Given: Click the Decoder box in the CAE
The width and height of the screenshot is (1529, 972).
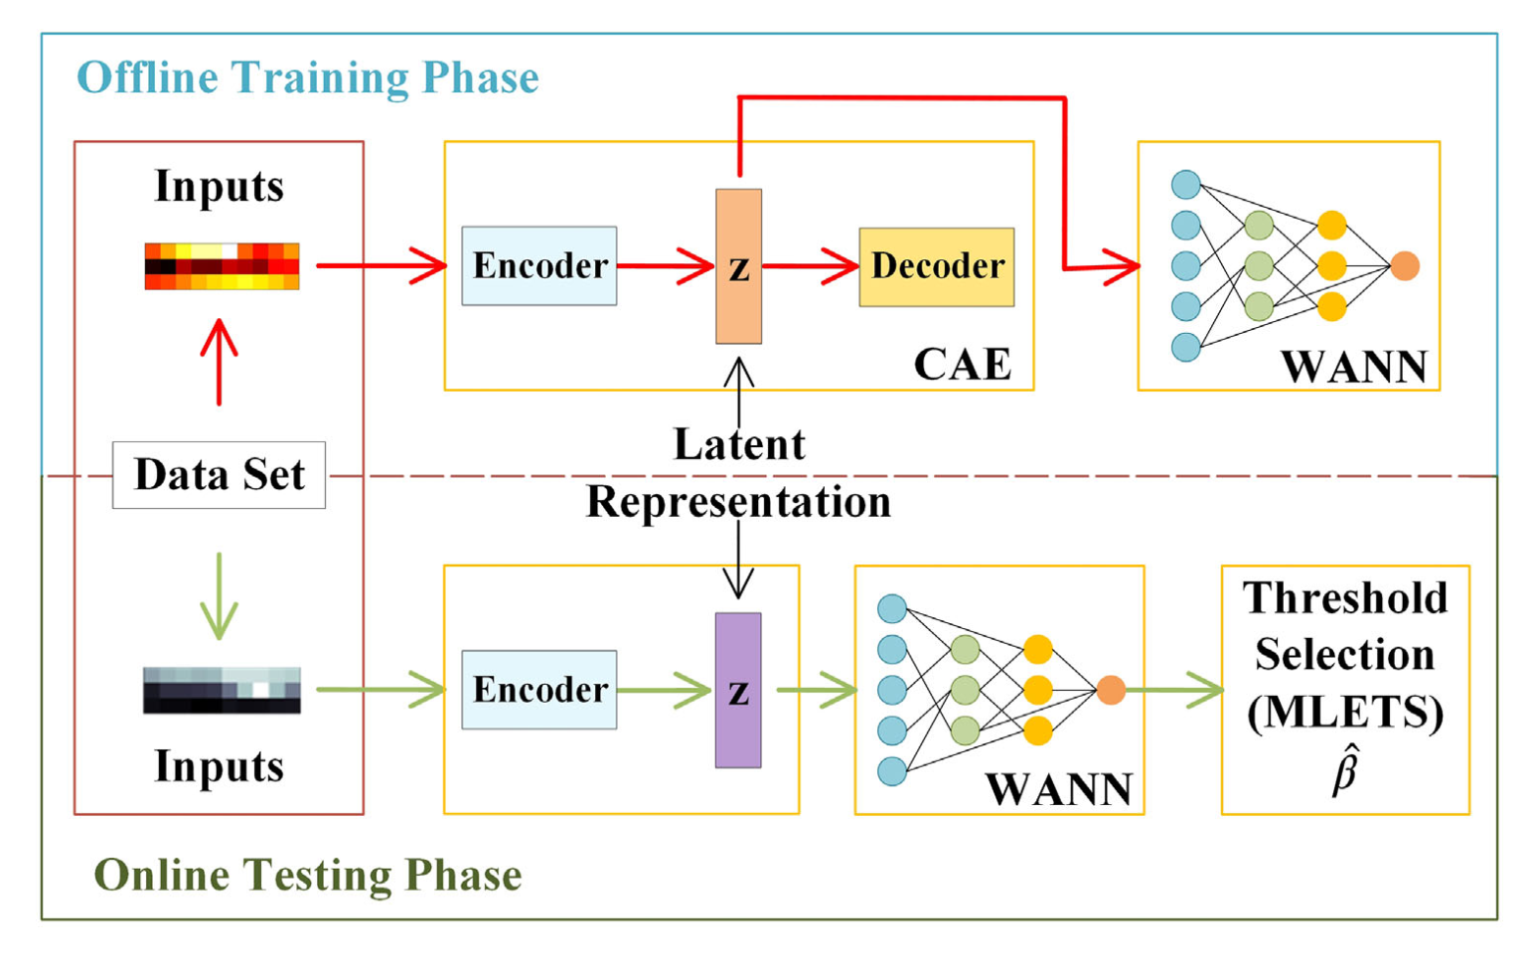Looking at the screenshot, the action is [x=937, y=267].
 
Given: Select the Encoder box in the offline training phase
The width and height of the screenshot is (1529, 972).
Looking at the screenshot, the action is [x=539, y=265].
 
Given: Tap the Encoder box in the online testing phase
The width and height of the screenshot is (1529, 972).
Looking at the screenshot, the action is [x=539, y=690].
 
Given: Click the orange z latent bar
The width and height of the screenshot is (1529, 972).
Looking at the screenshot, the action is [x=738, y=266].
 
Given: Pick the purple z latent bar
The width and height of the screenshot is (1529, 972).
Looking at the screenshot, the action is [x=738, y=690].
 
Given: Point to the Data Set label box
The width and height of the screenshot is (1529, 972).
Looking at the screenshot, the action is [x=220, y=475].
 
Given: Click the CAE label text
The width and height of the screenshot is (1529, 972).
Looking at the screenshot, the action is [x=963, y=364].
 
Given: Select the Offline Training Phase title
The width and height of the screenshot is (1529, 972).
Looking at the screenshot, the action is [x=308, y=78].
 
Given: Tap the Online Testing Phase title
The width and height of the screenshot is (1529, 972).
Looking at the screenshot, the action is [x=308, y=875].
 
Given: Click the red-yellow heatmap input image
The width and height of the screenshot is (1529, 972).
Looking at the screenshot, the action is [x=222, y=266].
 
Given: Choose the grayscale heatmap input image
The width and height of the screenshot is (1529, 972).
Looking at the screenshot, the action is [x=222, y=691].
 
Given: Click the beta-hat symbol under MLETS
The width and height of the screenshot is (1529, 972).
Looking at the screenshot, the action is [x=1345, y=770].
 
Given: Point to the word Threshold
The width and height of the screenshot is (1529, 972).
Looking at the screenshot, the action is [x=1344, y=598].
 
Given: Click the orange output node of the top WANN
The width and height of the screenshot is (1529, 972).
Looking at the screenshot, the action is [x=1405, y=265].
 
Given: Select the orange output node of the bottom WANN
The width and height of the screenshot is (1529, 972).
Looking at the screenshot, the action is [x=1112, y=690].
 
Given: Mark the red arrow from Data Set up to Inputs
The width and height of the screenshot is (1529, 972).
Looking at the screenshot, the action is [x=220, y=362].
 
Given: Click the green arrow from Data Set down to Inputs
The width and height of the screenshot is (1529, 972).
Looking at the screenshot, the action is [x=220, y=596].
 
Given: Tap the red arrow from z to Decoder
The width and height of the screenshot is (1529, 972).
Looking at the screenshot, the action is [x=811, y=266].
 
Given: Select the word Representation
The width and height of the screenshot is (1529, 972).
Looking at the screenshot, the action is [x=738, y=502].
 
